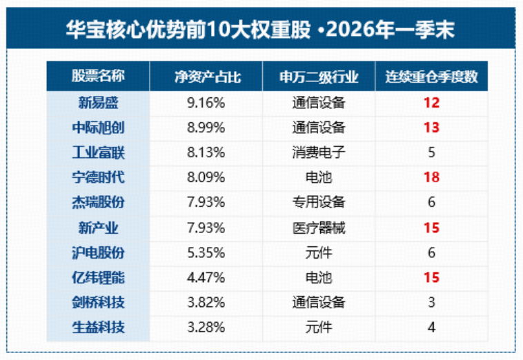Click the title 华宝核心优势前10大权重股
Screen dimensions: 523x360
(188, 30)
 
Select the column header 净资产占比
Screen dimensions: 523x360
(208, 77)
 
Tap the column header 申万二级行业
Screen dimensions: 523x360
(319, 77)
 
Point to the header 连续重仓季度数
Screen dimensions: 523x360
(432, 77)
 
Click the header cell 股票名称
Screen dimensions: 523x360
(98, 76)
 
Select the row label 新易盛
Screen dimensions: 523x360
(98, 103)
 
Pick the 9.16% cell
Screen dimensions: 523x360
(206, 103)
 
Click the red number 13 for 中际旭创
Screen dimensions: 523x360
(432, 128)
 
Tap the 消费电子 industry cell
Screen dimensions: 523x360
(319, 152)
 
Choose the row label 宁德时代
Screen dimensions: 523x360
(98, 177)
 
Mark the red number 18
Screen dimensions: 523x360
(432, 177)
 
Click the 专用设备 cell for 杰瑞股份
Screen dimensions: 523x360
(319, 202)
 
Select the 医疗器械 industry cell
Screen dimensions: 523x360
(319, 228)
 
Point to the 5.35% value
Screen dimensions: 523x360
(206, 253)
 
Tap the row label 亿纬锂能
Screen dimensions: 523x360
(98, 277)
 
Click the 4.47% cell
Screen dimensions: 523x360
(206, 278)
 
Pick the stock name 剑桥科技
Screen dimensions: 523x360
(98, 302)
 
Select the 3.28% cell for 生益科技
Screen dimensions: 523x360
(206, 328)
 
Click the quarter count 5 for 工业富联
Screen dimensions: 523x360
(432, 152)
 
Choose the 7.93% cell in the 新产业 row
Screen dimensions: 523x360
(206, 228)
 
